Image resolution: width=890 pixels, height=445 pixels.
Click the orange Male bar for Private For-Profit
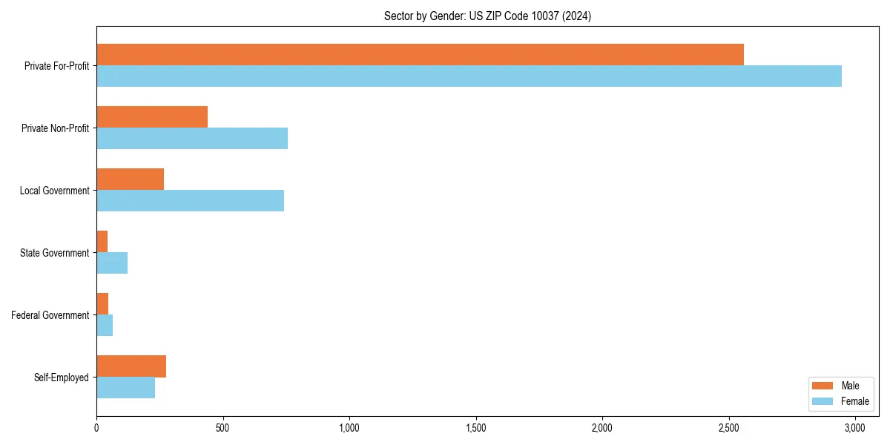pos(420,54)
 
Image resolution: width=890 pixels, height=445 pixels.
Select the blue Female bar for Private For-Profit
pos(469,76)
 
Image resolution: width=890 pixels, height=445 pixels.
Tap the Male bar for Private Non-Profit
pos(152,116)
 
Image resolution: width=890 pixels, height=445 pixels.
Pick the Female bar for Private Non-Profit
pos(192,138)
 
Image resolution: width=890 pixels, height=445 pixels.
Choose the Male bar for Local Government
pos(130,179)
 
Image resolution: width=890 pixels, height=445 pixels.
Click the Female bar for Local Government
pos(190,200)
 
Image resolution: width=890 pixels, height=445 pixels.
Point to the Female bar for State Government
pos(112,263)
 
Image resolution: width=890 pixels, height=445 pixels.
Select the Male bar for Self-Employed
pos(131,366)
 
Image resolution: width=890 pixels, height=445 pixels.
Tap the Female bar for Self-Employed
pos(125,387)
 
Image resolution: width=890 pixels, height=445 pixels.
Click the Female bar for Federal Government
pos(105,325)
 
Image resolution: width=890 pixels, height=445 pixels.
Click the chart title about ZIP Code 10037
pos(487,16)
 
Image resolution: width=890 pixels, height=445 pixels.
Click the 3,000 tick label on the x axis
pos(855,428)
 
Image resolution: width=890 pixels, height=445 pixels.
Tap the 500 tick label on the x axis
pos(222,428)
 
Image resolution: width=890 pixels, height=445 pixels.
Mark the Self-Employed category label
pos(62,378)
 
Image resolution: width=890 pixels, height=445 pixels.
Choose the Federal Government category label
pos(50,315)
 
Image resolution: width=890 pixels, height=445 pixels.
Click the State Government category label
pos(55,253)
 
